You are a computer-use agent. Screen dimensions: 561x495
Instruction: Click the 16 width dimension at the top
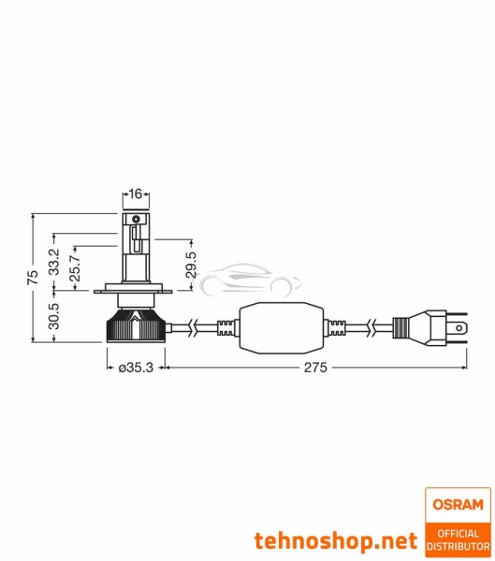click(135, 195)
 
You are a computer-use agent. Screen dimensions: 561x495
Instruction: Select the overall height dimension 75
click(32, 278)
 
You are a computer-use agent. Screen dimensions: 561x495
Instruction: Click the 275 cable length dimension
click(313, 368)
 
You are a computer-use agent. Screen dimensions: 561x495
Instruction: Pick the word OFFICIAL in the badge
click(458, 531)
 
